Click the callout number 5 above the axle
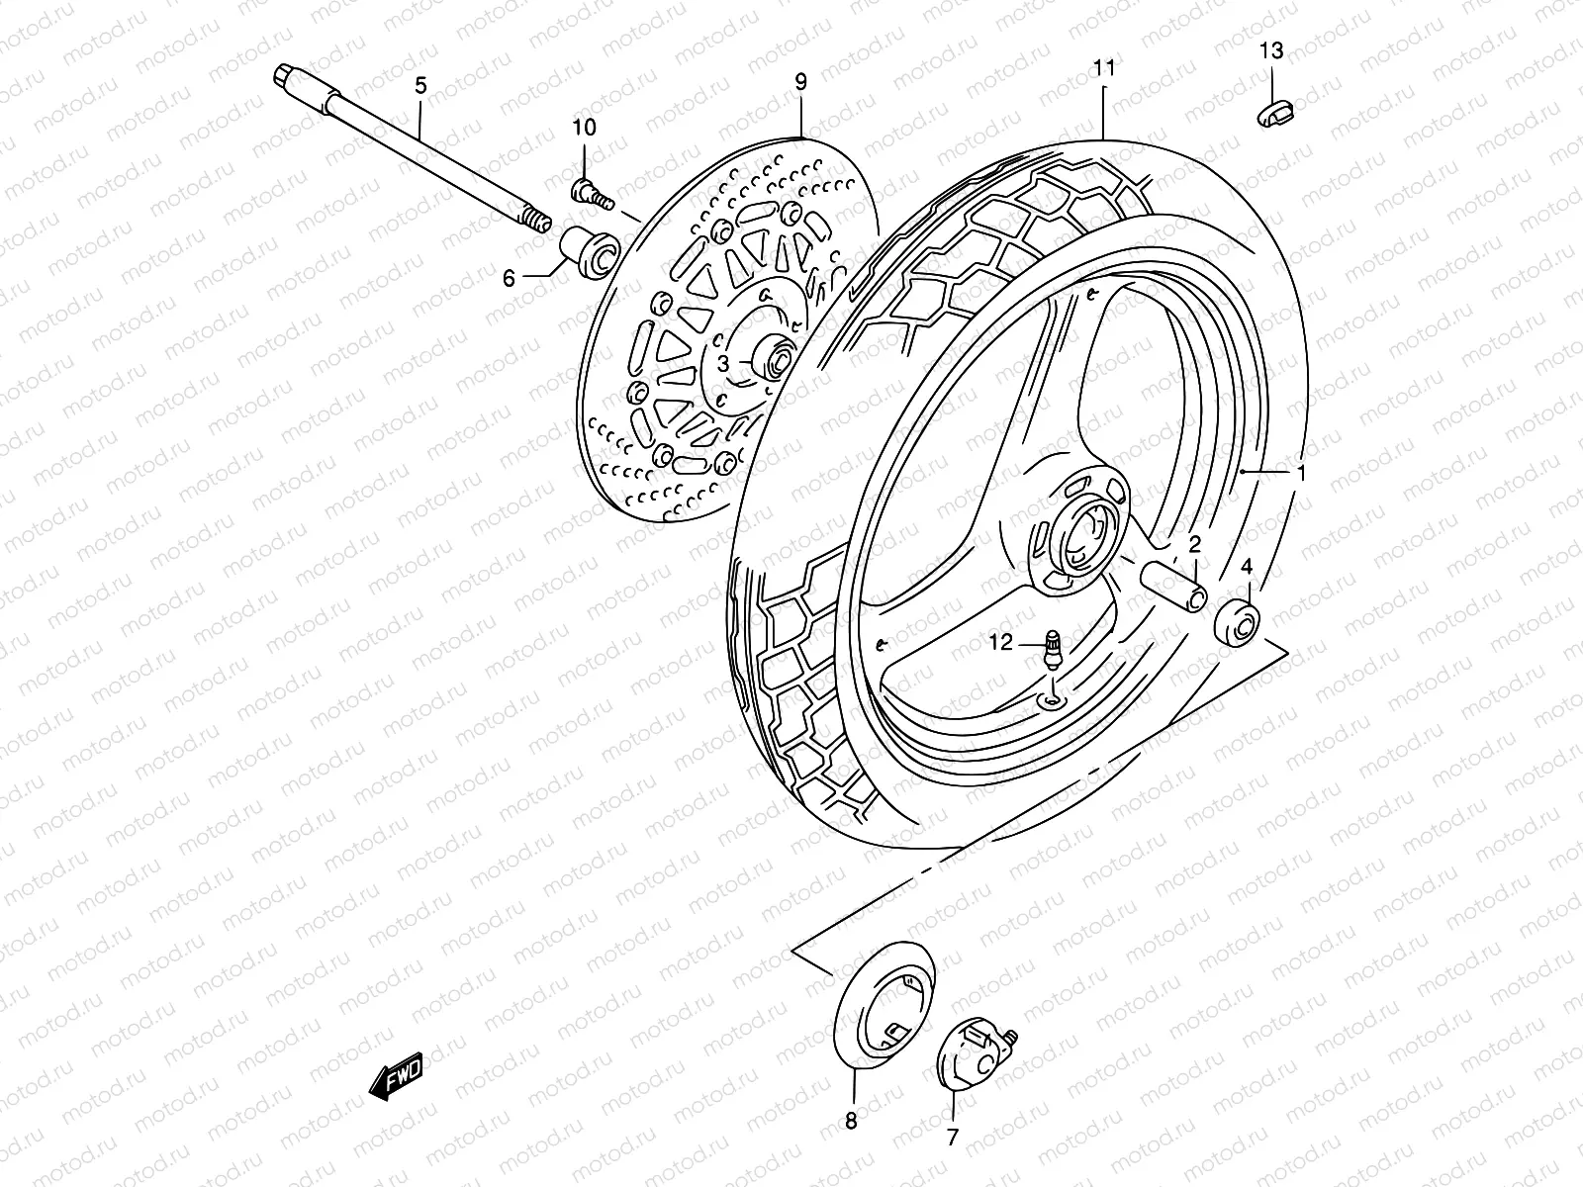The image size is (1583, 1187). (420, 86)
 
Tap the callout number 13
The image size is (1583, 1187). (1271, 50)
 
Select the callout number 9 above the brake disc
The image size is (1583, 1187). (800, 81)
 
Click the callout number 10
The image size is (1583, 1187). (584, 128)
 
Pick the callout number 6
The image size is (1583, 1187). (509, 279)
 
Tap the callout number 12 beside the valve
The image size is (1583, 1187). (1001, 643)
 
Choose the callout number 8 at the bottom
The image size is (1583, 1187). (851, 1121)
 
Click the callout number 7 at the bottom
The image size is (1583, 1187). (952, 1138)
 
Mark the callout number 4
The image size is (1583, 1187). (1247, 567)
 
